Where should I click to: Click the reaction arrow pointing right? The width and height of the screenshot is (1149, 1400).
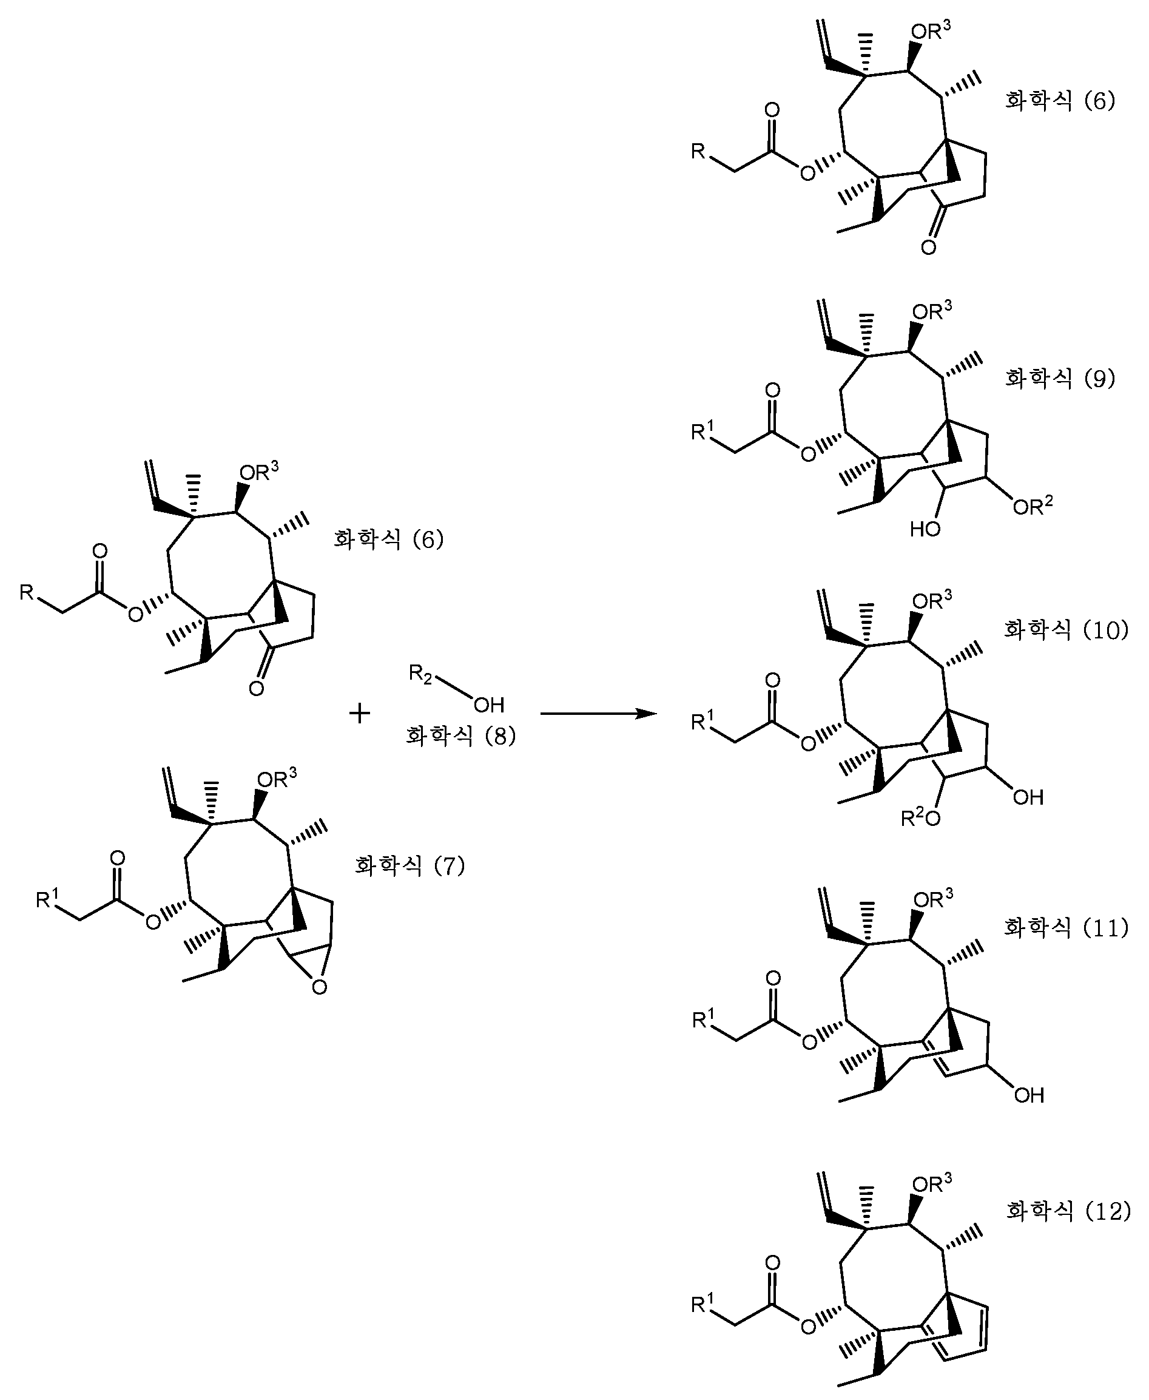coord(598,714)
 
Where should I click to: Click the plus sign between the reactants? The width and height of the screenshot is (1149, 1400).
coord(359,714)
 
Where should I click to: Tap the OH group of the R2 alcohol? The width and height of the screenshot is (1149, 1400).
coord(489,705)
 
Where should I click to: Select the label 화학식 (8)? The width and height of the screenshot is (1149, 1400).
coord(460,736)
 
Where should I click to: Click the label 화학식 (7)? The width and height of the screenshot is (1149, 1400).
coord(410,865)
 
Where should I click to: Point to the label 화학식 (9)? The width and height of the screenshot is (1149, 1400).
coord(1060,378)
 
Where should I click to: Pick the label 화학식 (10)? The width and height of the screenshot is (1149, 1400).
coord(1066,629)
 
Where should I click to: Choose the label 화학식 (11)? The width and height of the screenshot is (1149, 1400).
coord(1066,927)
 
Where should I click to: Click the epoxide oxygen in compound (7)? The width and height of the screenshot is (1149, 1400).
coord(320,987)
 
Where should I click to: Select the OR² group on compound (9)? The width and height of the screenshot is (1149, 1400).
coord(1033,506)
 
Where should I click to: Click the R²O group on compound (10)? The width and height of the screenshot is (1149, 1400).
coord(921,818)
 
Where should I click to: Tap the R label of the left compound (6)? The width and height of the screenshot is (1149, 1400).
coord(27,592)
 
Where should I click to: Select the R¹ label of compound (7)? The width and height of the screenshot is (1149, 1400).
coord(47,898)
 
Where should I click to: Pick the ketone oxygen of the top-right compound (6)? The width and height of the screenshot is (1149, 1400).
coord(929,248)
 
